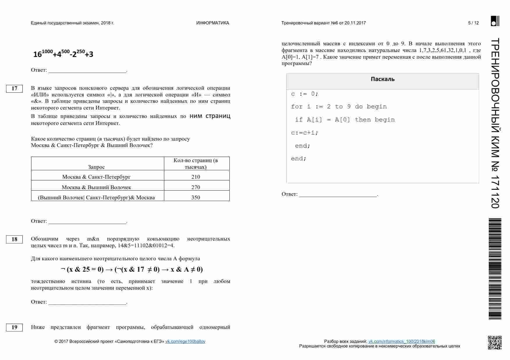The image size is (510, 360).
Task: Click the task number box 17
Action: coord(14,89)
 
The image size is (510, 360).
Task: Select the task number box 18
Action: coord(14,239)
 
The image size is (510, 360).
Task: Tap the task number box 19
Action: coord(14,327)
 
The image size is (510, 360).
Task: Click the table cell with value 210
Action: coord(196,177)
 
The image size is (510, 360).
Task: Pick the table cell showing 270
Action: coord(196,187)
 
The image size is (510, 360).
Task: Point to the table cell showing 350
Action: coord(196,197)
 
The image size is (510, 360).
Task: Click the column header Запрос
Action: coord(96,167)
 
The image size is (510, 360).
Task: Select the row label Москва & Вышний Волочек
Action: coord(96,187)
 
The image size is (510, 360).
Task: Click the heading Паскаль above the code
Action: coord(382,79)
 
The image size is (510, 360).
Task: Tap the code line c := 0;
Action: coord(304,94)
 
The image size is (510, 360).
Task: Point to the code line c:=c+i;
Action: coord(304,133)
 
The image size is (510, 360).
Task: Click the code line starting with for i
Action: coord(339,107)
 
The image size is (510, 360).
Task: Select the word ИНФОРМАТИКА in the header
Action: coord(213,23)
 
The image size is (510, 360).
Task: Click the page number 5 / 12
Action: coord(473,23)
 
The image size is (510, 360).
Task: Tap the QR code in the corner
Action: coord(495,342)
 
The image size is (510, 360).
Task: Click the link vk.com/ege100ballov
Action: coord(185,341)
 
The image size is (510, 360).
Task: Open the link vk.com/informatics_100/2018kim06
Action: coord(402,341)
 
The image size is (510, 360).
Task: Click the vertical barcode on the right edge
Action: coord(495,268)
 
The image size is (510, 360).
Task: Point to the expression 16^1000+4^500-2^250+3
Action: coord(63,54)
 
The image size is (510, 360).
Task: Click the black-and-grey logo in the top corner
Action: coord(495,21)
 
